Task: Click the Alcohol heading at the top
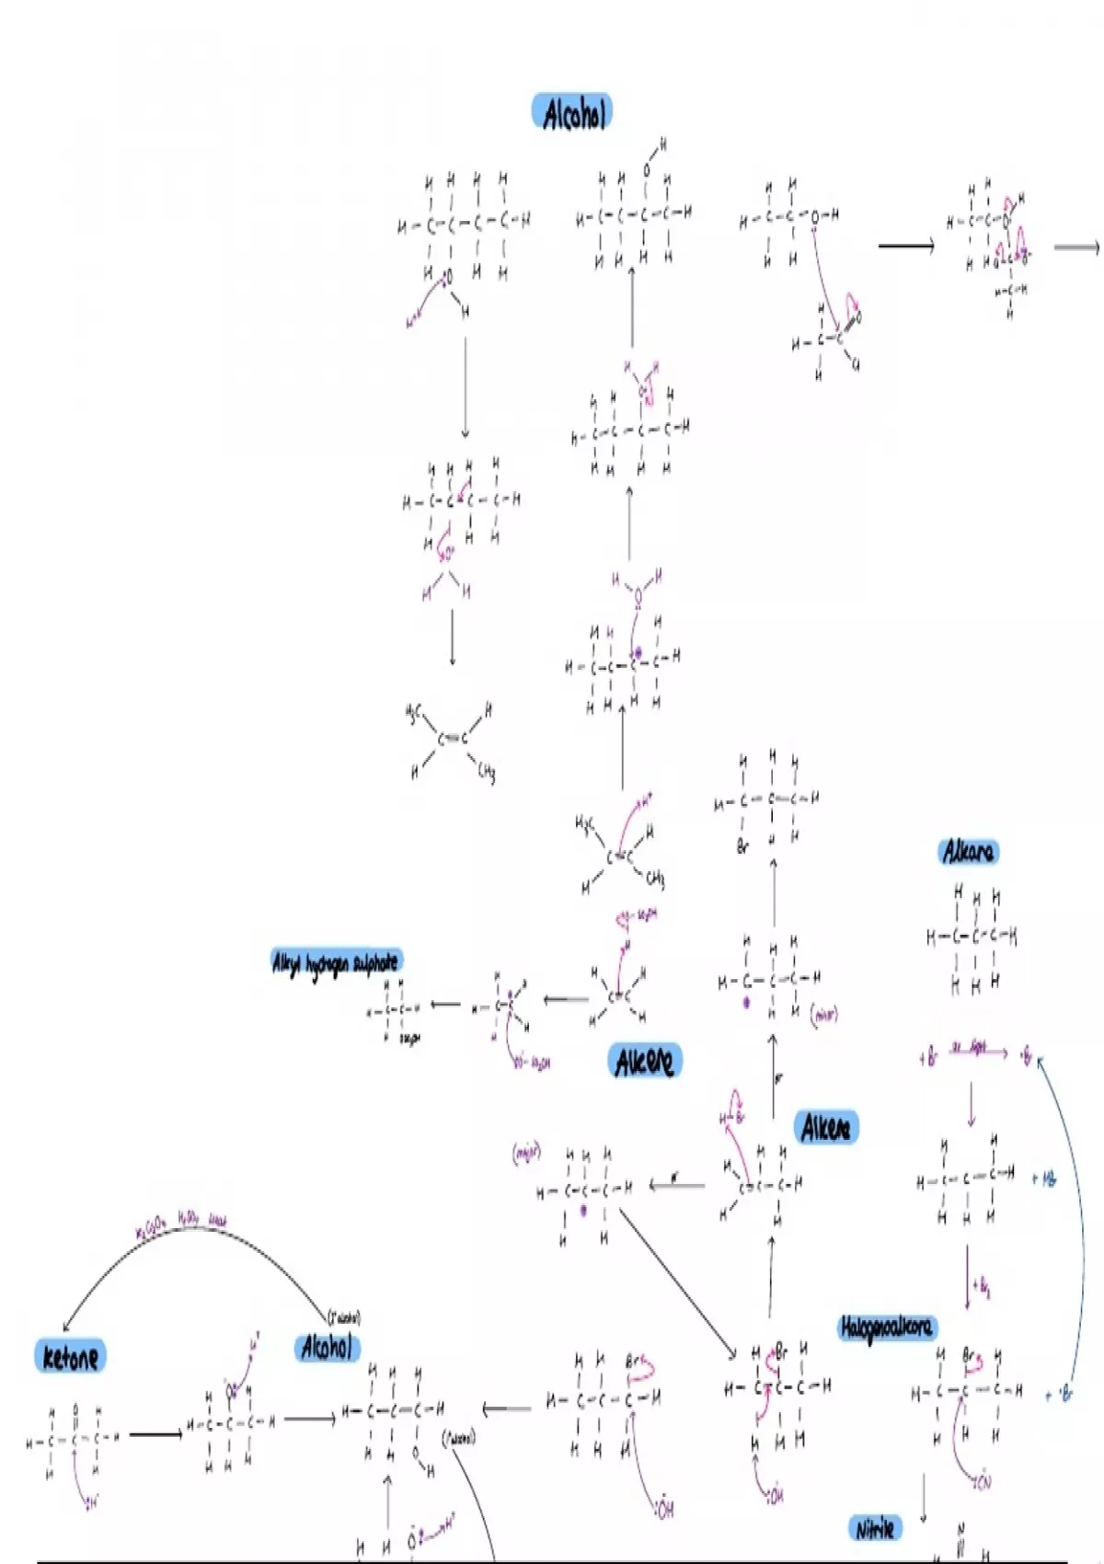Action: click(572, 113)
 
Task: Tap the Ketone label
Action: click(70, 1357)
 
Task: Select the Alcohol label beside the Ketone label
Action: click(327, 1348)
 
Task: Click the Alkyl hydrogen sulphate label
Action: click(336, 962)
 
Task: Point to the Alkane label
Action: click(968, 852)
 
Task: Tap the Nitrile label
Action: click(874, 1529)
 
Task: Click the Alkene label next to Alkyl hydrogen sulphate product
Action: click(645, 1062)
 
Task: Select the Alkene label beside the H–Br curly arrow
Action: click(825, 1127)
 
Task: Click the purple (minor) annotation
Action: click(824, 1015)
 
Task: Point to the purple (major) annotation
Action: click(526, 1153)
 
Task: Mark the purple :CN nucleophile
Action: click(982, 1482)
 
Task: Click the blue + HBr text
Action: click(1044, 1179)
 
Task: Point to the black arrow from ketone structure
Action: click(155, 1433)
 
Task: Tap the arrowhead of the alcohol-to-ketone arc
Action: click(66, 1327)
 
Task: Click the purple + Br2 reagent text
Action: click(982, 1288)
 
